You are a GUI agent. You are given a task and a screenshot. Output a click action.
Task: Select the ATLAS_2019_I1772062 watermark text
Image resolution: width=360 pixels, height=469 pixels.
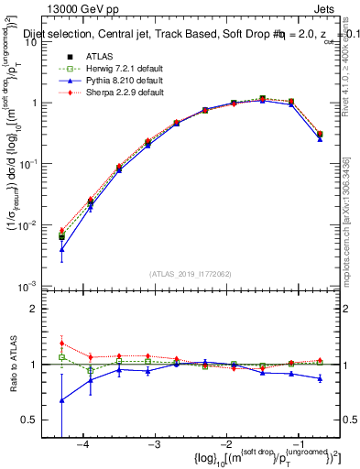[190, 274]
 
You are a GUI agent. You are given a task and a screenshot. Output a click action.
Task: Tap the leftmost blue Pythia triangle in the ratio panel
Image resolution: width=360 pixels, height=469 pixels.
[61, 400]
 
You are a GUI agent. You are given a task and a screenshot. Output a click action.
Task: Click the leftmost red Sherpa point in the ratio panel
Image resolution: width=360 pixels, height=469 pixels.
[61, 344]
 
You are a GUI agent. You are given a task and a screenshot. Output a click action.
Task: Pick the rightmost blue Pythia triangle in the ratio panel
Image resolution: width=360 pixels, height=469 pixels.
[320, 378]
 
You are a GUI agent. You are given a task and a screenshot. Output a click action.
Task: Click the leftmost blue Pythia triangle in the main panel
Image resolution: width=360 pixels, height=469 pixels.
[61, 249]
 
